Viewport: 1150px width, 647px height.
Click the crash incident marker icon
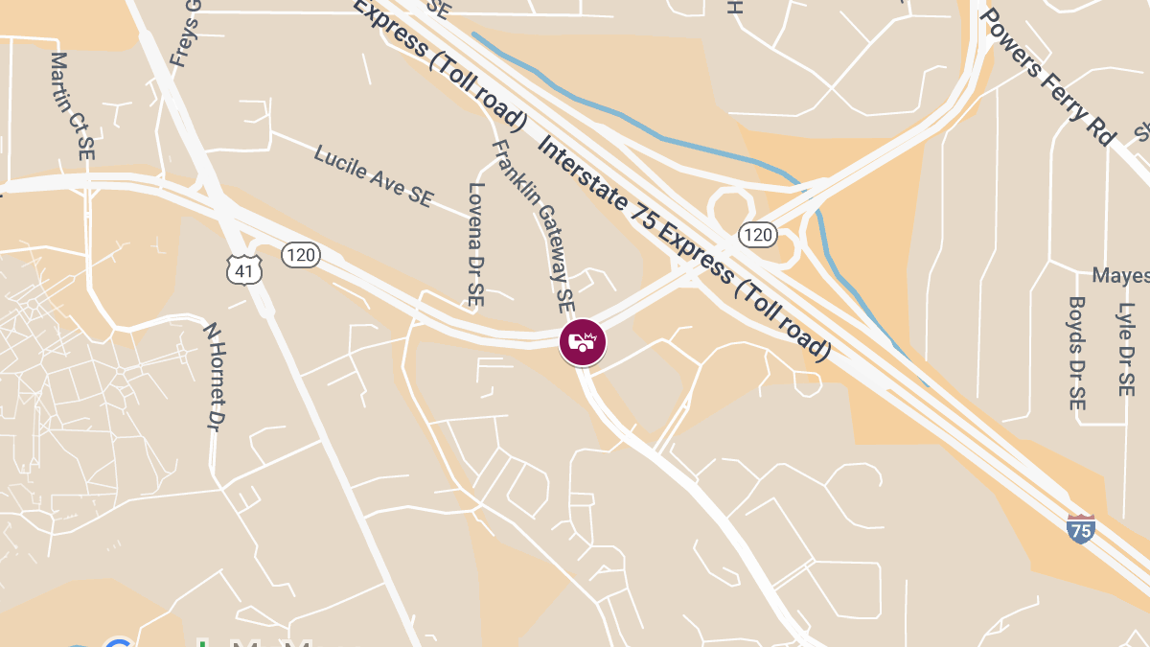[x=583, y=341]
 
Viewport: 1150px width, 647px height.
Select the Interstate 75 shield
[x=1080, y=528]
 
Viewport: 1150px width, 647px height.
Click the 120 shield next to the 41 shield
[x=300, y=255]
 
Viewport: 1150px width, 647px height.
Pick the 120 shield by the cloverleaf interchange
[x=757, y=234]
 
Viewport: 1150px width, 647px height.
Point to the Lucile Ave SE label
[x=374, y=174]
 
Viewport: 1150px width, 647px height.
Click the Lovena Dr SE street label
[x=475, y=244]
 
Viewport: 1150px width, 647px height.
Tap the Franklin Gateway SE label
[x=533, y=225]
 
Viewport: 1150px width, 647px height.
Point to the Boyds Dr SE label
[x=1077, y=352]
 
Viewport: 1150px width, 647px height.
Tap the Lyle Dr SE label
[x=1126, y=349]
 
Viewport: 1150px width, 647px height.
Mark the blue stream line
[x=671, y=140]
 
